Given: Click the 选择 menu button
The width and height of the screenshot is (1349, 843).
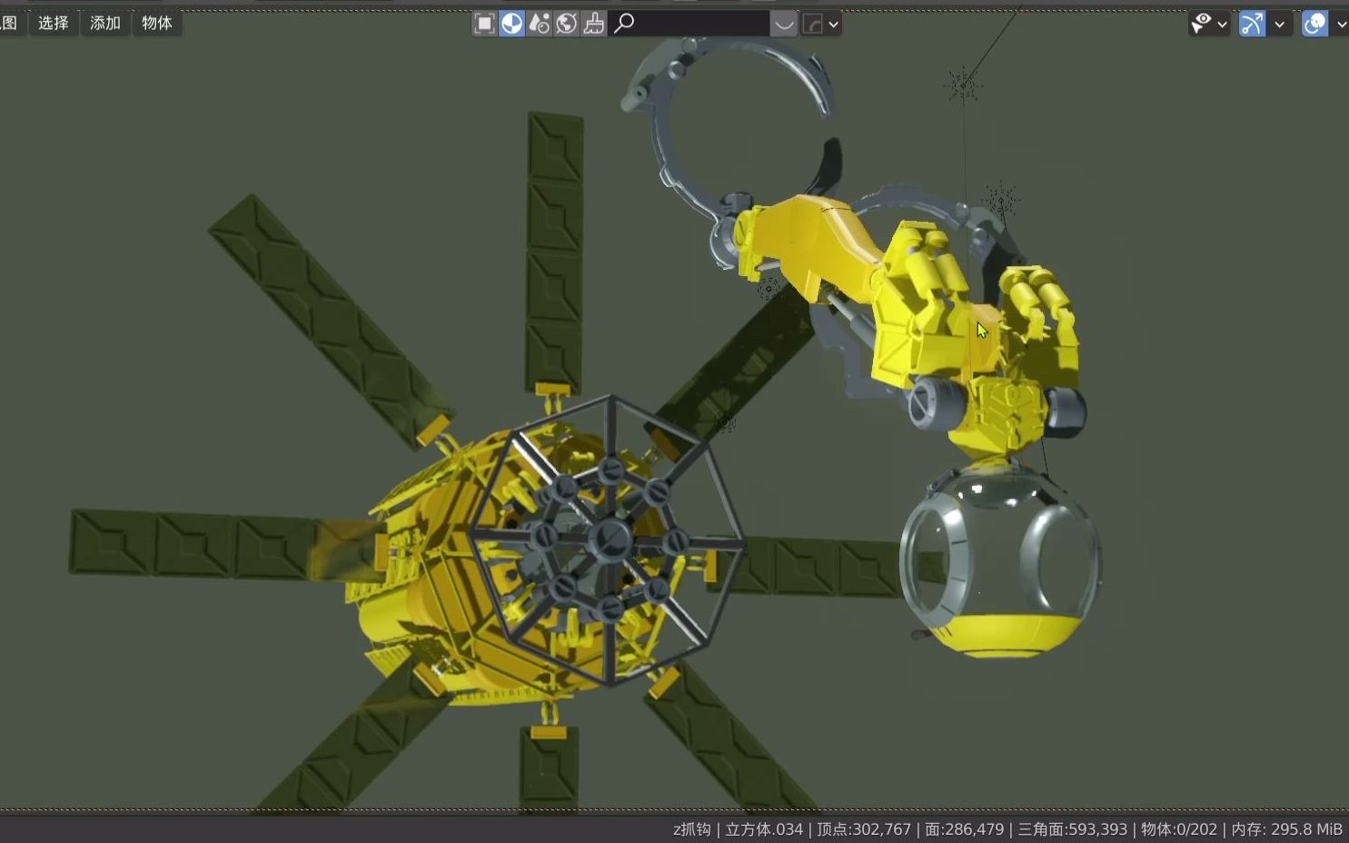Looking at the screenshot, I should pos(53,23).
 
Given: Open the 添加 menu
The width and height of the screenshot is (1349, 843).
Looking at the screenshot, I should pos(104,23).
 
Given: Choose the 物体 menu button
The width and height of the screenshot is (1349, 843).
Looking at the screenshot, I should pos(156,23).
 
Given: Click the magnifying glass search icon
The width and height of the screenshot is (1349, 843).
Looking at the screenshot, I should pos(623,23).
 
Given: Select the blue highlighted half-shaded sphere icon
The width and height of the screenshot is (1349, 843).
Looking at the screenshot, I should pos(512,23).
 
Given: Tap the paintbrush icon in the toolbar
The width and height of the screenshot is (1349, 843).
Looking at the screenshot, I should pos(594,23).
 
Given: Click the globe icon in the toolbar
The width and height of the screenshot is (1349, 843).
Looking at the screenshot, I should pos(567,23).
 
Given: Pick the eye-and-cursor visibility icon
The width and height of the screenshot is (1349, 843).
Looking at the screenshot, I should pos(1202,23).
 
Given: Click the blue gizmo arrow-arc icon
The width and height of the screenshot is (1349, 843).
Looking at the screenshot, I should pos(1252,23).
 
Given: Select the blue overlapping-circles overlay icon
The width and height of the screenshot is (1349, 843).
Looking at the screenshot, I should pos(1314,23).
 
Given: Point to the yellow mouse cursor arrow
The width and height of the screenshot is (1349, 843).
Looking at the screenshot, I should pos(981,330).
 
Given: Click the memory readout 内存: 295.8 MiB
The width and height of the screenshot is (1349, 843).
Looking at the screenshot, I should pos(1286,829).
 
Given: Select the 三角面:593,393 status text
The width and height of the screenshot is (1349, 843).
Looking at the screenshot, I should pos(1072,829).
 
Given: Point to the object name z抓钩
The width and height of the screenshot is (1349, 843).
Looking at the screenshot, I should pos(691,829).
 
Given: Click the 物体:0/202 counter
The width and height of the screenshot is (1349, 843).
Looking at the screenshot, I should pos(1178,829).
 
